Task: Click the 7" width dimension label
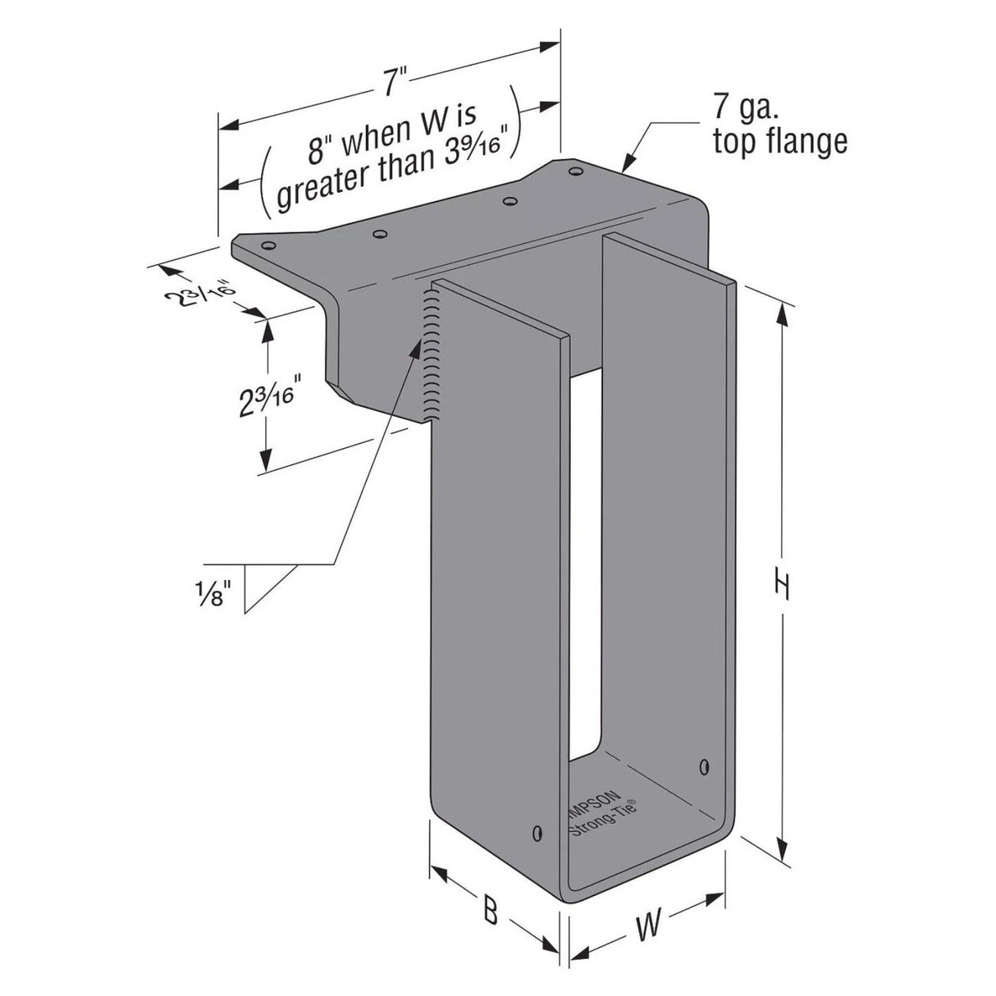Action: (395, 81)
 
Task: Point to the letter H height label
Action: (783, 585)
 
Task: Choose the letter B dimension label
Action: (490, 910)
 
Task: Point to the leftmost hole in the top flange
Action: (267, 244)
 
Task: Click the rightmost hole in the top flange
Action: (574, 171)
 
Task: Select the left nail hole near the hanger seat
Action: (537, 834)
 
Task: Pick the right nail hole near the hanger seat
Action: (704, 767)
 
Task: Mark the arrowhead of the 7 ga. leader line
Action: (628, 166)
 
